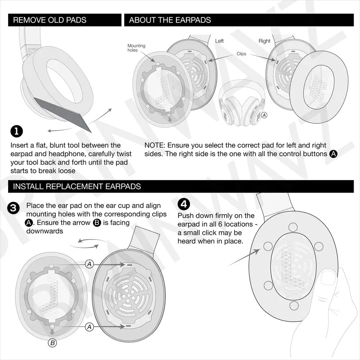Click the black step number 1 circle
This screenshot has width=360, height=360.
tap(17, 131)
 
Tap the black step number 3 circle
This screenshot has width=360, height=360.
tap(13, 208)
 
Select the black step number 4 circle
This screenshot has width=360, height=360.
tap(184, 204)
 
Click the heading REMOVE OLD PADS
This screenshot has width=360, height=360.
tap(49, 20)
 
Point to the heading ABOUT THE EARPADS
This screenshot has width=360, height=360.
tap(170, 20)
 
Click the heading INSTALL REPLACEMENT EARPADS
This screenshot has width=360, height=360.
tap(77, 186)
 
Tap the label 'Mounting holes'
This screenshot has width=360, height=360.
tap(136, 48)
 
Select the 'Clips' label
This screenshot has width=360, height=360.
tap(241, 54)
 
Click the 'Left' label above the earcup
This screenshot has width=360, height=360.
tap(219, 41)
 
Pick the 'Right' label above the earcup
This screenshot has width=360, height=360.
tap(265, 41)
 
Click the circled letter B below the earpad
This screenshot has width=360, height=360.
tap(52, 343)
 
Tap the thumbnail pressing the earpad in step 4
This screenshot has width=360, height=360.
tap(328, 277)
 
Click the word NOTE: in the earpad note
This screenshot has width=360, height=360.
tap(155, 145)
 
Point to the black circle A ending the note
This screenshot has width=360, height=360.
tap(333, 154)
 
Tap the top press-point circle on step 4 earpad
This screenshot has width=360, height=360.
tap(293, 227)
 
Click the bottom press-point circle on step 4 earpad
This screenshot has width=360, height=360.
tap(294, 306)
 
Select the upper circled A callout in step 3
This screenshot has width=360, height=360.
tap(90, 264)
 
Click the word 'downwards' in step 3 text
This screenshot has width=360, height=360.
tap(45, 231)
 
